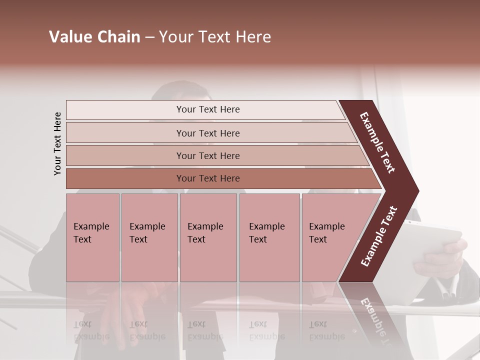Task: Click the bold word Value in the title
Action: coord(69,37)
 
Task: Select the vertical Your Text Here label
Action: coord(57,143)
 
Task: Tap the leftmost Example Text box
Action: coord(92,237)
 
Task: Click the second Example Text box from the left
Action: coord(149,237)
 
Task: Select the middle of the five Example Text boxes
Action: coord(208,237)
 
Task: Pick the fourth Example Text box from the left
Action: coord(269,237)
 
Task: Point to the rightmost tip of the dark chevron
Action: coord(417,191)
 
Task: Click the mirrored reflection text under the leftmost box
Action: coord(91,330)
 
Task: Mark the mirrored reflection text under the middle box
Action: coord(205,330)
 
